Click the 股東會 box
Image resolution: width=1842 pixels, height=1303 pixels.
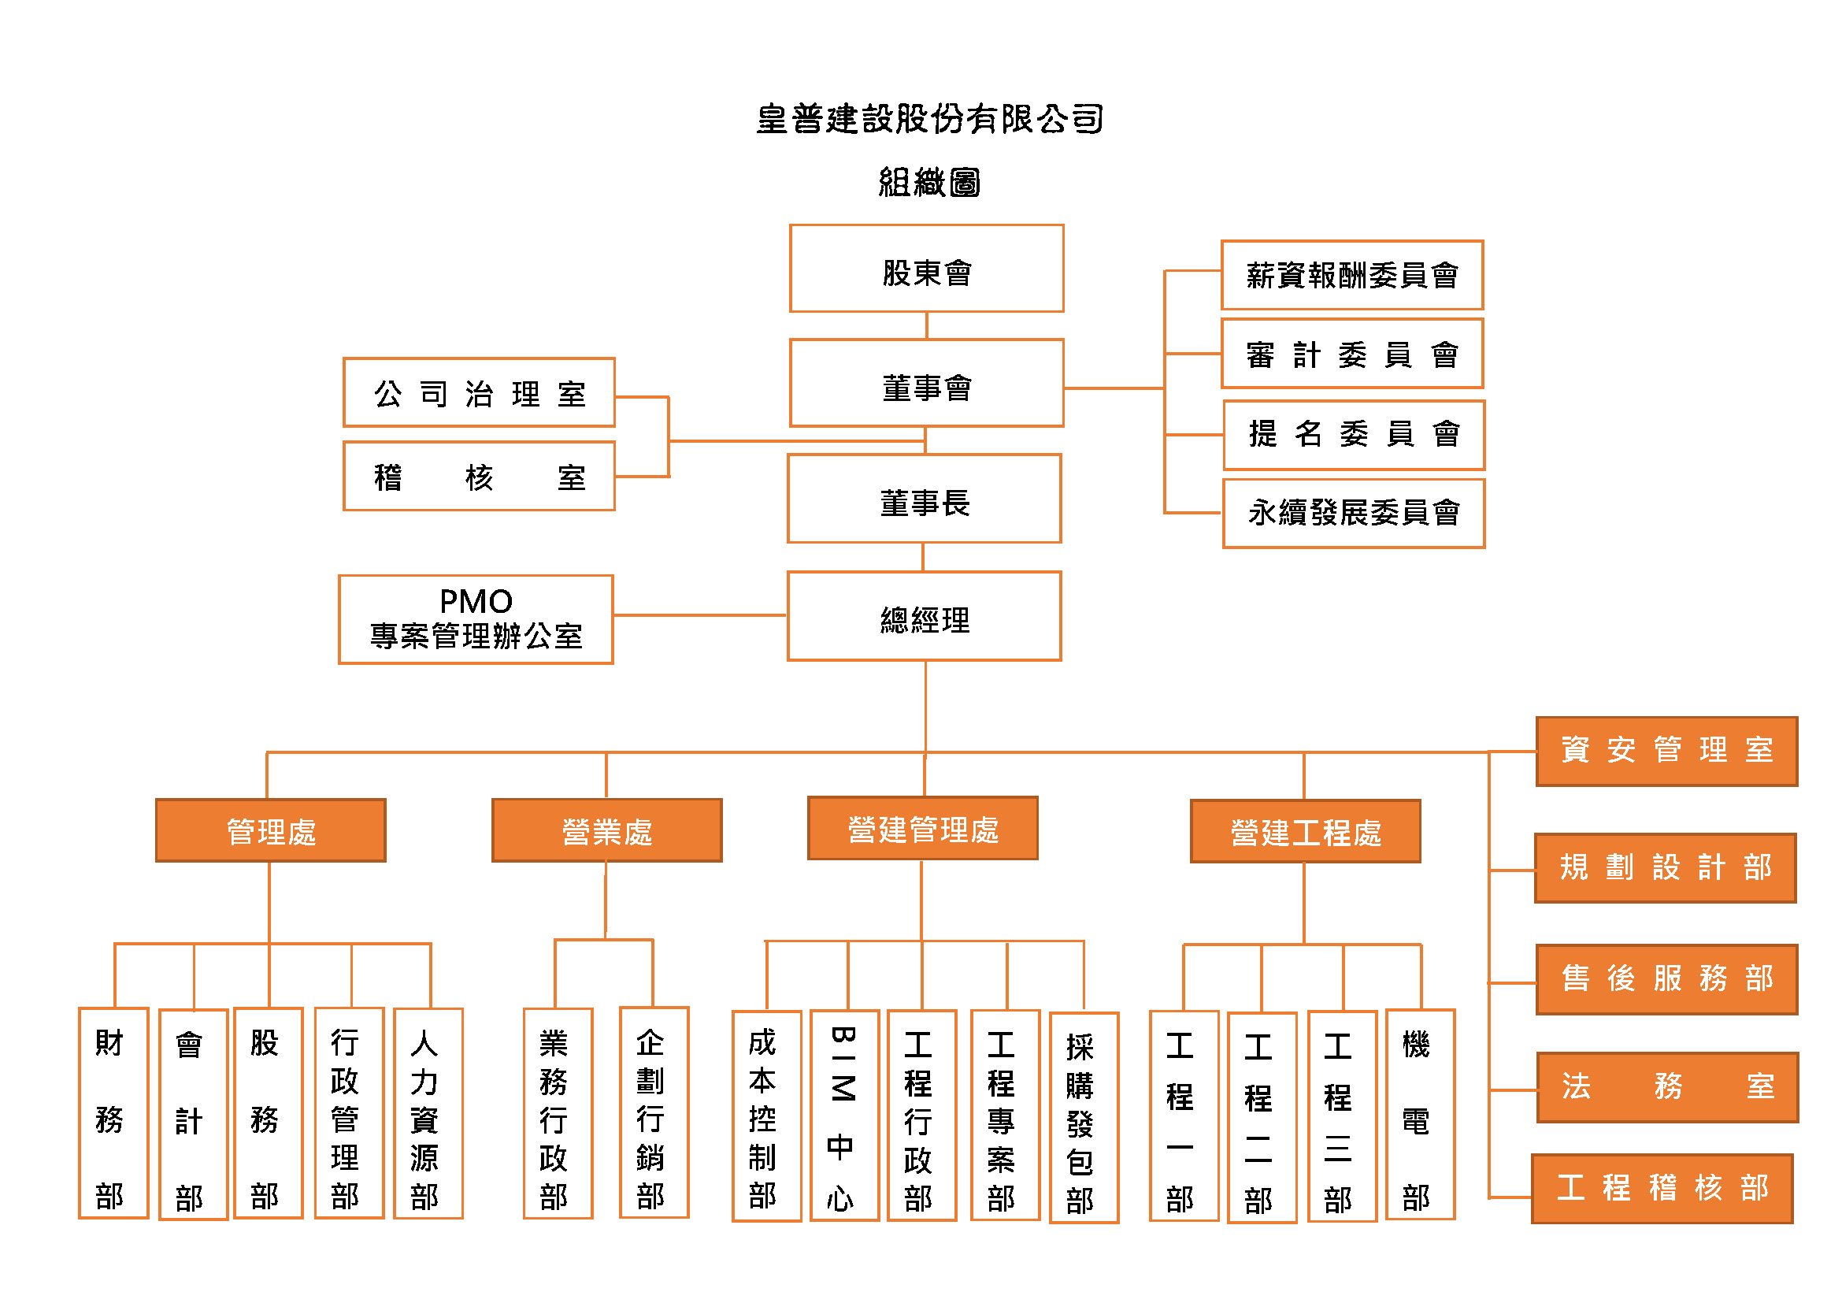pyautogui.click(x=927, y=269)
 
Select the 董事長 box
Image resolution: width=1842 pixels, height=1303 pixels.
pyautogui.click(x=925, y=499)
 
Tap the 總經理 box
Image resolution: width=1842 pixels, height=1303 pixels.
pyautogui.click(x=925, y=616)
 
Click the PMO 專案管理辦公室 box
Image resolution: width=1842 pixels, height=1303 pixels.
pyautogui.click(x=476, y=619)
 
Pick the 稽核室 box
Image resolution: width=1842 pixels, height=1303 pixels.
pyautogui.click(x=479, y=476)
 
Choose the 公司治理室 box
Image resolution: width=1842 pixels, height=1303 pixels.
pyautogui.click(x=479, y=392)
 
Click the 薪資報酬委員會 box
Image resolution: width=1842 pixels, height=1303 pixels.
pyautogui.click(x=1352, y=275)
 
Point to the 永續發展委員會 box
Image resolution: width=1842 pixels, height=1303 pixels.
pyautogui.click(x=1354, y=514)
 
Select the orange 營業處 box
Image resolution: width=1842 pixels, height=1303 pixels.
pyautogui.click(x=606, y=830)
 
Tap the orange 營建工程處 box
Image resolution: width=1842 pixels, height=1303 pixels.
pyautogui.click(x=1305, y=831)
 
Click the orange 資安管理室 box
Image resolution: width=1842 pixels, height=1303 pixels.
pyautogui.click(x=1666, y=752)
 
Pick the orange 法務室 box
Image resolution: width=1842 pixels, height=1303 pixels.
pyautogui.click(x=1667, y=1087)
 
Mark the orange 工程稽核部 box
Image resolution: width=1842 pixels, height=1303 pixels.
pyautogui.click(x=1662, y=1188)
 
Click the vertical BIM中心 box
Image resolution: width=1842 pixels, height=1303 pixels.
pyautogui.click(x=844, y=1116)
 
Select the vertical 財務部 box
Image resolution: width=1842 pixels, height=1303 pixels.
pyautogui.click(x=113, y=1113)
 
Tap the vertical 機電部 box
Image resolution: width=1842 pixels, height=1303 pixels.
pyautogui.click(x=1420, y=1115)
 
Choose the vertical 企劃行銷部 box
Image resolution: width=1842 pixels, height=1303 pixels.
pyautogui.click(x=654, y=1113)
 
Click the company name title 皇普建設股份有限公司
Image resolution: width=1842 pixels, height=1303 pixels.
pyautogui.click(x=929, y=119)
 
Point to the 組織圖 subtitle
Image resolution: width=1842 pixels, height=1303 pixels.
pyautogui.click(x=929, y=182)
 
